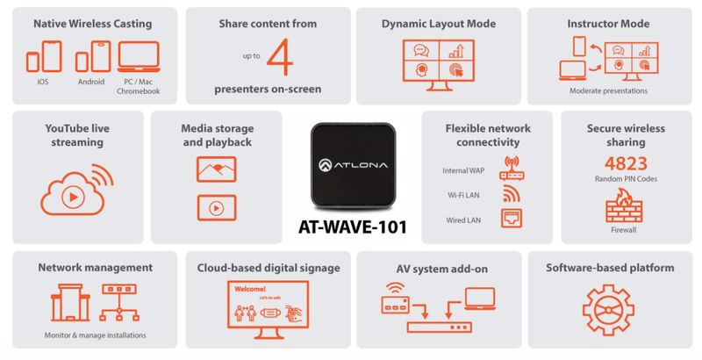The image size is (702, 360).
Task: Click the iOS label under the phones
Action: pyautogui.click(x=44, y=82)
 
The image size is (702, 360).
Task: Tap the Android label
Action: pyautogui.click(x=91, y=82)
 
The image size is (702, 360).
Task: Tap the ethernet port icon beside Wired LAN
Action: pyautogui.click(x=512, y=218)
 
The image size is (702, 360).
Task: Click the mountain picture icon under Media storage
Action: pyautogui.click(x=216, y=169)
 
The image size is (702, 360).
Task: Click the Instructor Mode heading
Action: pyautogui.click(x=608, y=24)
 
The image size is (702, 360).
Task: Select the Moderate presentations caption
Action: pyautogui.click(x=608, y=90)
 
